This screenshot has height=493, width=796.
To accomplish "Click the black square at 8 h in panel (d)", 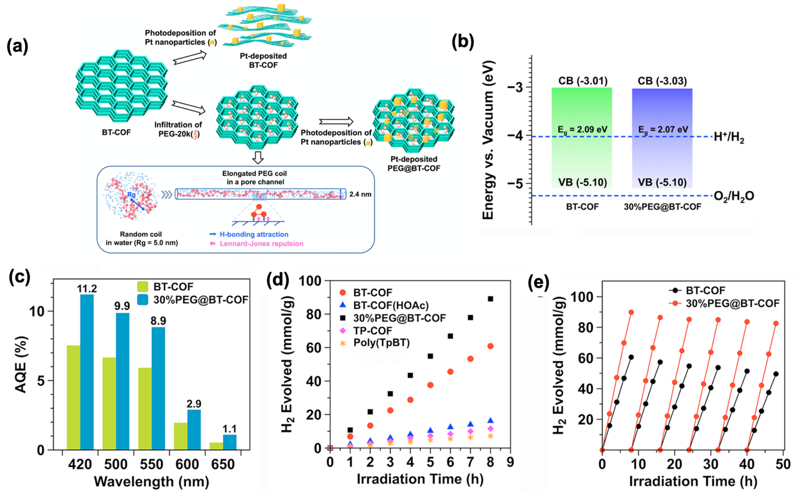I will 490,299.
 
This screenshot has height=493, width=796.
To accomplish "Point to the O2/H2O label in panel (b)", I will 733,195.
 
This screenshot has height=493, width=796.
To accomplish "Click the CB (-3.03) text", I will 662,80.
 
